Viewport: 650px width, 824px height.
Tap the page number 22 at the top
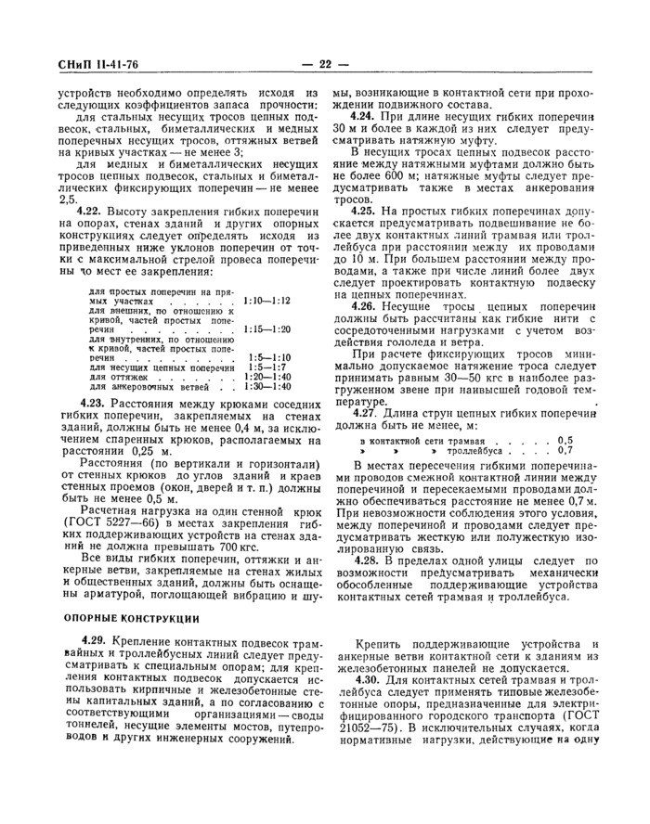(x=325, y=64)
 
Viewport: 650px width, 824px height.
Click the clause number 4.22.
(x=91, y=212)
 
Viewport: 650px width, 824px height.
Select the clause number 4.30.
(x=365, y=680)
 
